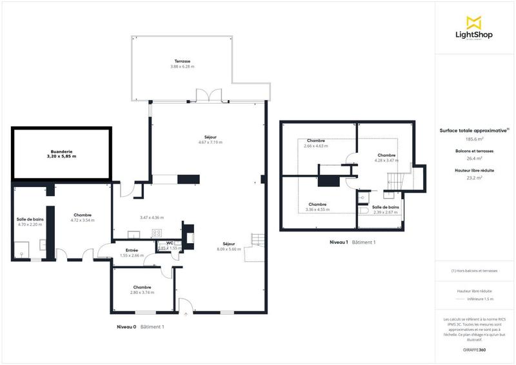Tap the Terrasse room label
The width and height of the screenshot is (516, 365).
182,61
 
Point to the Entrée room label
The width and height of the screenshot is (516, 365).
132,250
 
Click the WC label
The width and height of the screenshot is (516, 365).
170,243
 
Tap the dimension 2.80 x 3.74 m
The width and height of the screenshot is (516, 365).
143,292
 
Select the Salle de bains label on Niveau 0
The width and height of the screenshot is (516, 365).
30,219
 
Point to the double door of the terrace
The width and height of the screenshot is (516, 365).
210,95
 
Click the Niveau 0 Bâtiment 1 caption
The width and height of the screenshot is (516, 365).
140,327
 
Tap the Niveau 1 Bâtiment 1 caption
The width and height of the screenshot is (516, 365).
352,242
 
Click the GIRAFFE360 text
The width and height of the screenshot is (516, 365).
474,349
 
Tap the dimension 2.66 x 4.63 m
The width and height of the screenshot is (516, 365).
316,146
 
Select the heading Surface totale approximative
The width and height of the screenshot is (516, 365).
473,130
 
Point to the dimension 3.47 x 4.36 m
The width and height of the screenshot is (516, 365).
152,217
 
